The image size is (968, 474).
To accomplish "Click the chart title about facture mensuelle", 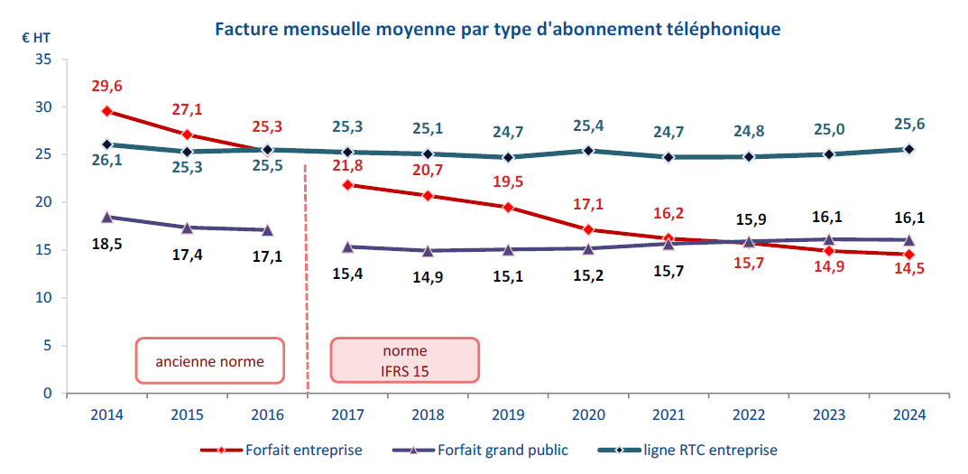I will (496, 29).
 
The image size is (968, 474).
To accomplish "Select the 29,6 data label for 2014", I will (106, 87).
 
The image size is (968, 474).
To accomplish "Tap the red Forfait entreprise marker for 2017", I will (347, 185).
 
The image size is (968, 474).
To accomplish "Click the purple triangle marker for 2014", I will (107, 217).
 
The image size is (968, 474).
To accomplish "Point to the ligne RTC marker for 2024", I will (908, 149).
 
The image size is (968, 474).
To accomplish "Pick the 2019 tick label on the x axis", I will (508, 414).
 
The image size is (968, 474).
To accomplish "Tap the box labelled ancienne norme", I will (209, 361).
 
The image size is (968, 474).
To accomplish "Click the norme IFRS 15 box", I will (405, 360).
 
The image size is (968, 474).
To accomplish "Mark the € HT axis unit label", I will (36, 38).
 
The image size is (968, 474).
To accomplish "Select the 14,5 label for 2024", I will (908, 267).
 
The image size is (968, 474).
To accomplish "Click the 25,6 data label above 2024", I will (908, 125).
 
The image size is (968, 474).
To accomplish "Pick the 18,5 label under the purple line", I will (106, 244).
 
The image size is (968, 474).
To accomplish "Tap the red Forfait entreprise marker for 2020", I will (588, 229).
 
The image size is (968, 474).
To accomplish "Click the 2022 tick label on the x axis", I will (748, 414).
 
